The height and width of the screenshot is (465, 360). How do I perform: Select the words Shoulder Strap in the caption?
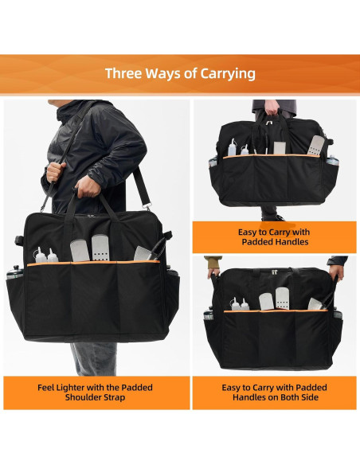coord(95,397)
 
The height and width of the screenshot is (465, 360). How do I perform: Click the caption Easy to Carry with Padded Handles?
coord(273,236)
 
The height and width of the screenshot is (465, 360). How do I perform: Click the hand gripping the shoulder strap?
coord(54,170)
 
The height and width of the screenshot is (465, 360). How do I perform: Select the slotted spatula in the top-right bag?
coord(316,145)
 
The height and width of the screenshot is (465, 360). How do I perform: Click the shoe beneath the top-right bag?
coord(268,215)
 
